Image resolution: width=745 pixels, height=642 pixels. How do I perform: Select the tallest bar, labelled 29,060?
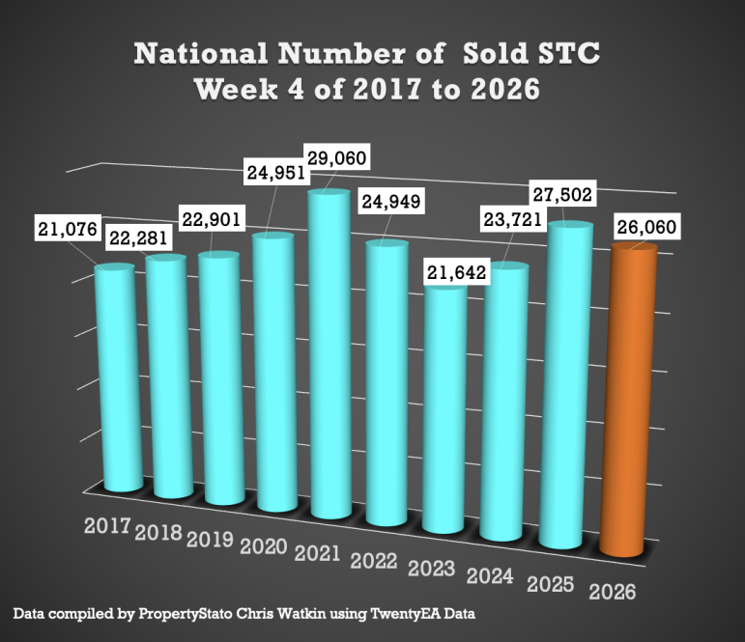tap(328, 352)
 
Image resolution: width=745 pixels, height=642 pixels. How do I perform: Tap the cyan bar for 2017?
tap(115, 377)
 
